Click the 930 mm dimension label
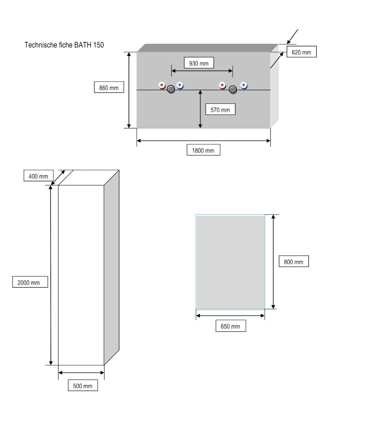click(x=199, y=63)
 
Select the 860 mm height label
click(x=109, y=87)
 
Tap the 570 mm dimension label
click(x=220, y=109)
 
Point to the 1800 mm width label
click(x=203, y=150)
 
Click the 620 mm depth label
click(x=302, y=52)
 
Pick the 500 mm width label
click(x=83, y=386)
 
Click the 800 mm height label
click(x=294, y=262)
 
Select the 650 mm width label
click(x=231, y=326)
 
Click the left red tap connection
click(x=162, y=85)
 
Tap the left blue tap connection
click(x=180, y=85)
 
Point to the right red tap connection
click(x=223, y=85)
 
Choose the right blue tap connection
click(x=243, y=85)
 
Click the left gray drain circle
click(x=171, y=89)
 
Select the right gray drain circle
click(x=233, y=89)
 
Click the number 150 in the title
click(x=98, y=45)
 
